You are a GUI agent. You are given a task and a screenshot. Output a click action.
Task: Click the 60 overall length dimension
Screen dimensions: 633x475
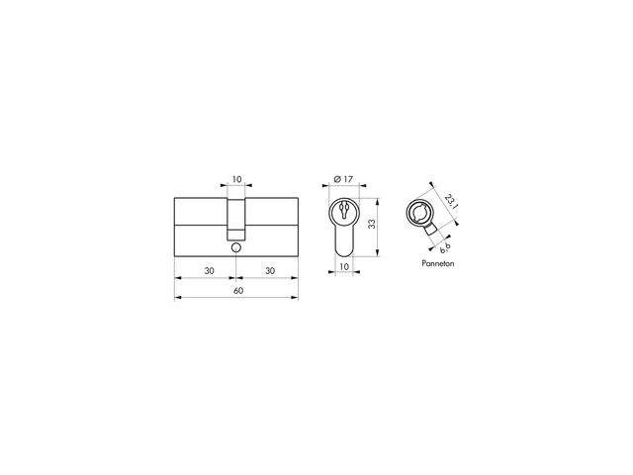point(238,290)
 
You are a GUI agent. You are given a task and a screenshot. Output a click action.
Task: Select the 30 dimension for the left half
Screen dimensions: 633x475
point(209,270)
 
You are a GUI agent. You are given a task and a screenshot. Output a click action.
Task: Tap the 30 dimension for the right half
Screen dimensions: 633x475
point(270,270)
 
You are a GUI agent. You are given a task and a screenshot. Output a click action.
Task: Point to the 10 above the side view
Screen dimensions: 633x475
point(237,179)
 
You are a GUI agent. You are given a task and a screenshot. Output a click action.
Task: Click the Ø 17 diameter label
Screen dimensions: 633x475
point(343,179)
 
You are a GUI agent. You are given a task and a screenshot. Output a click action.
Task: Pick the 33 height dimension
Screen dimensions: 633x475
point(372,224)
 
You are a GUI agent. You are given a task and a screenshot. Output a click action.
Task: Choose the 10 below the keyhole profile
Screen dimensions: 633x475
point(344,266)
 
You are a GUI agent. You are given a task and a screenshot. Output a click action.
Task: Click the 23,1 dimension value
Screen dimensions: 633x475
point(451,201)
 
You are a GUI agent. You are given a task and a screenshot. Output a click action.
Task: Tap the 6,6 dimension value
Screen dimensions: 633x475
point(445,248)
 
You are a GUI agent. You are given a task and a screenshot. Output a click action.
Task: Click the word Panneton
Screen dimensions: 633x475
point(438,263)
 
